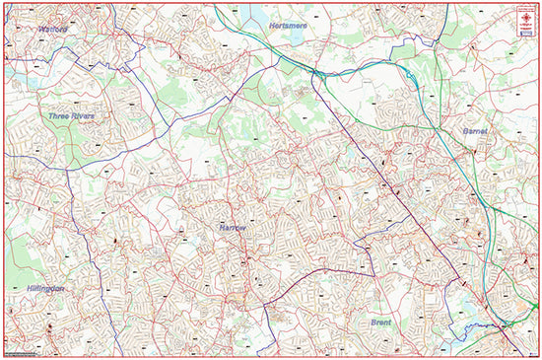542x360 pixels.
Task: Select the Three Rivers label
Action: pyautogui.click(x=72, y=116)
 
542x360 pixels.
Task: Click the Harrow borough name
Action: pyautogui.click(x=233, y=227)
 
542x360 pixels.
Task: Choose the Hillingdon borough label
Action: pyautogui.click(x=39, y=288)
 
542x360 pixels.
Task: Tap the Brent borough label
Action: pyautogui.click(x=381, y=323)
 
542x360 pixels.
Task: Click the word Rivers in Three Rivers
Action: pyautogui.click(x=83, y=116)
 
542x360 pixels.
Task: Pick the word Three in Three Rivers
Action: pyautogui.click(x=58, y=116)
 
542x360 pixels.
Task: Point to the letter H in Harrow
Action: pyautogui.click(x=221, y=227)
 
